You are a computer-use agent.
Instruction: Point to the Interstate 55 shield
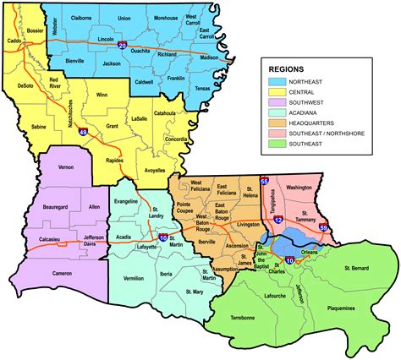coord(264,181)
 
